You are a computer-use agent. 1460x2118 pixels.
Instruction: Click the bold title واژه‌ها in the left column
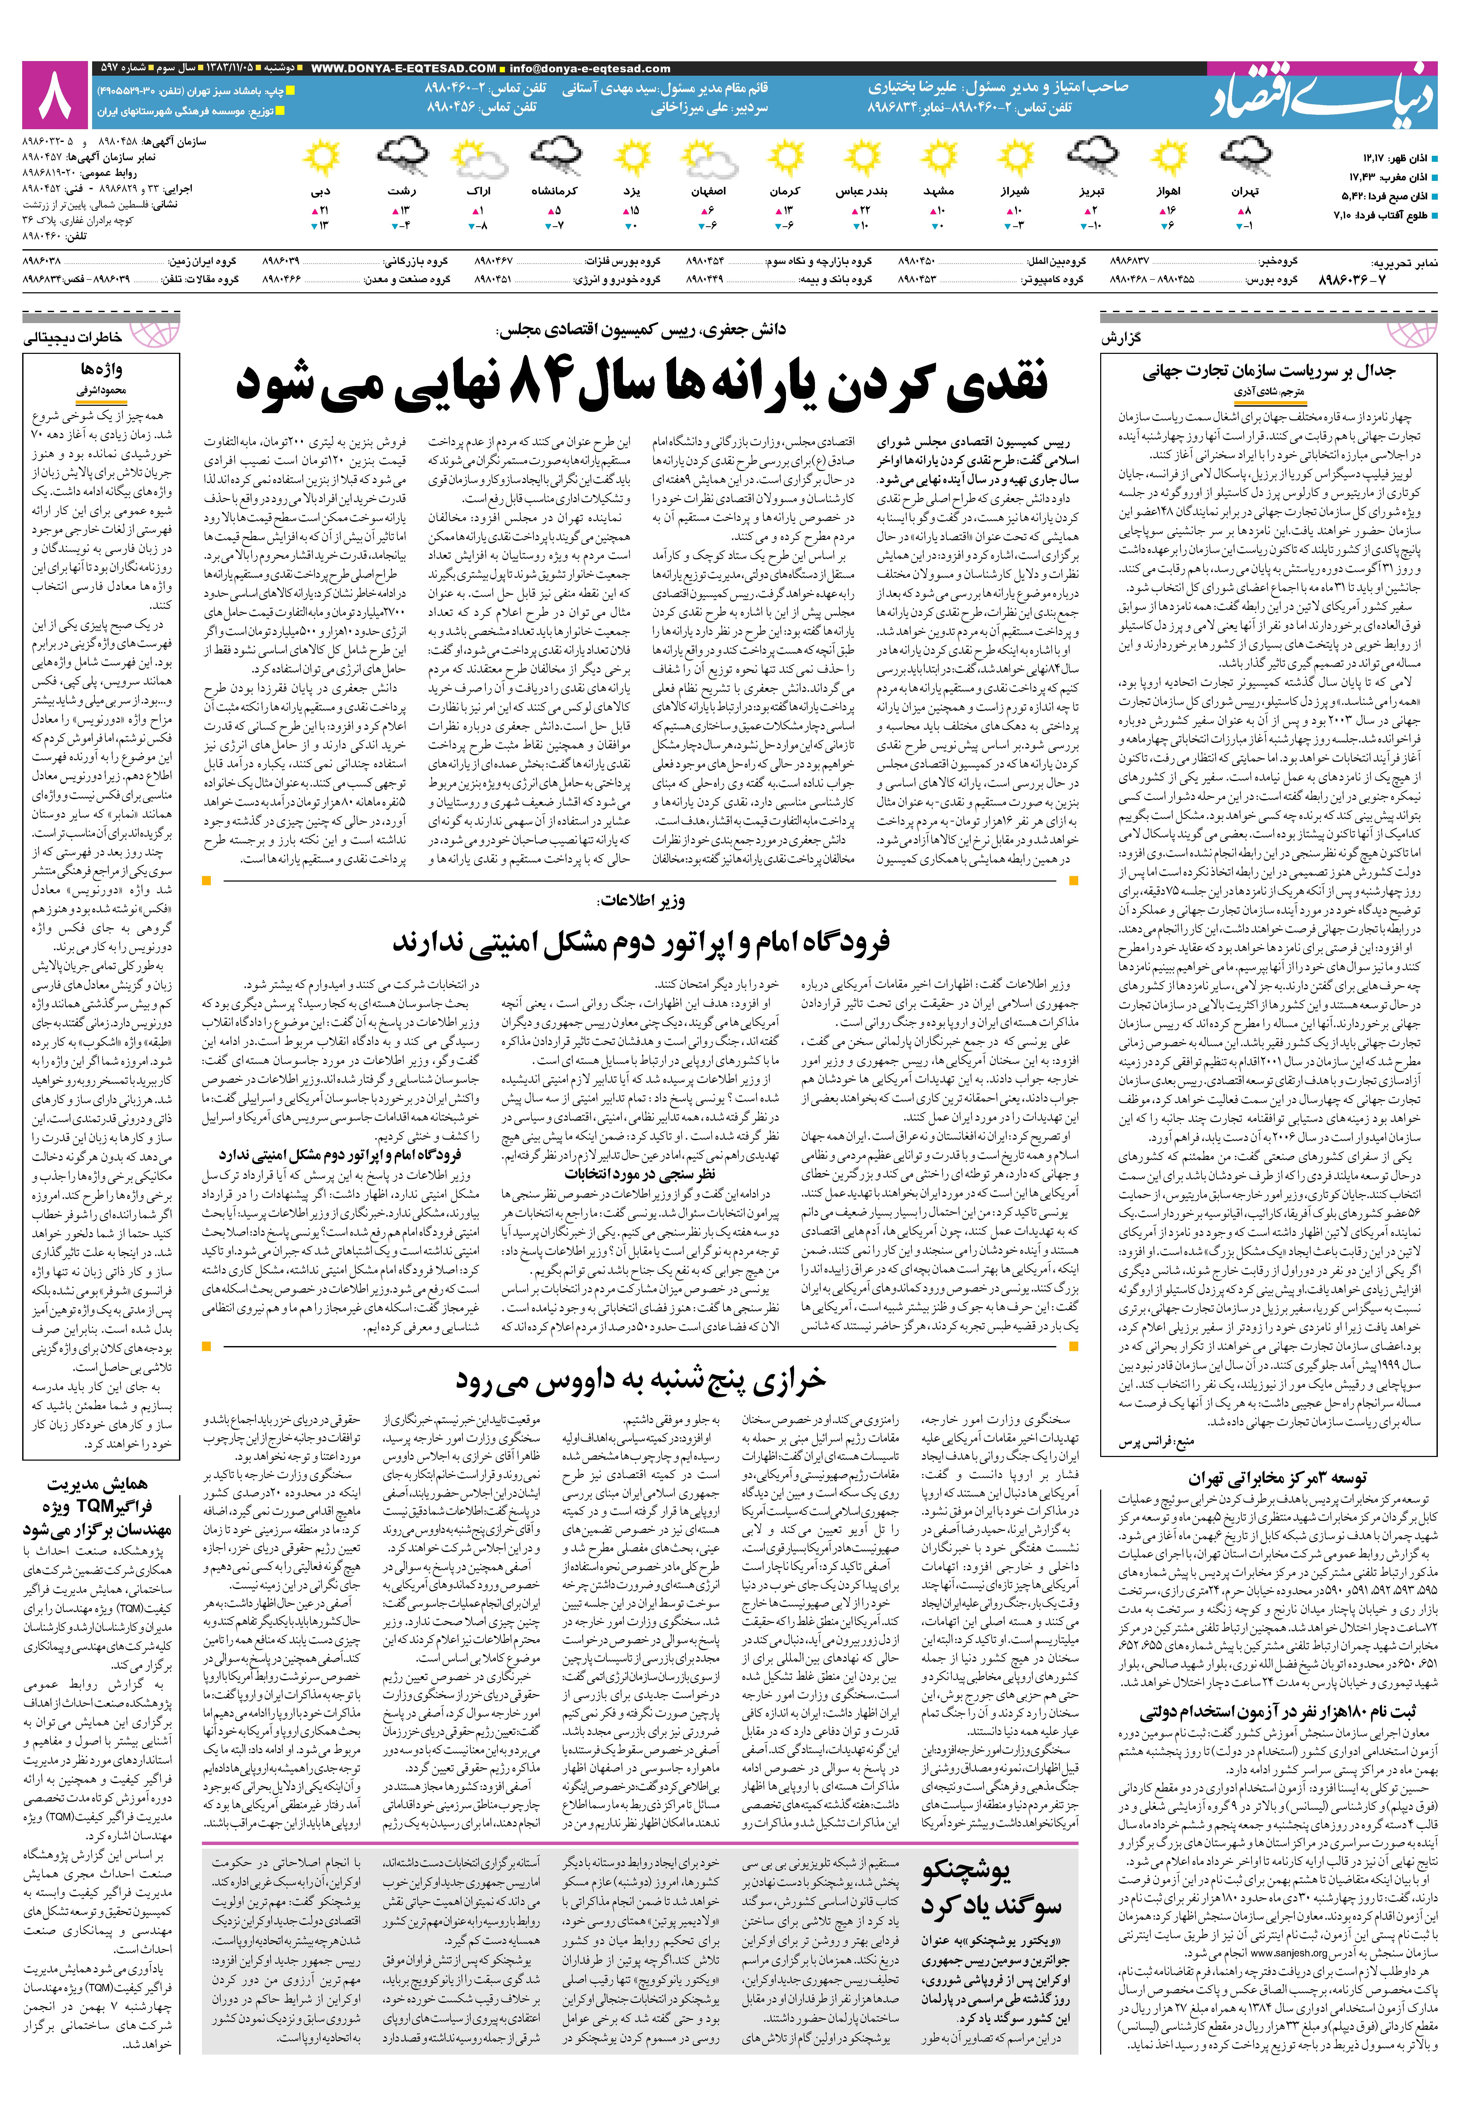click(102, 370)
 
